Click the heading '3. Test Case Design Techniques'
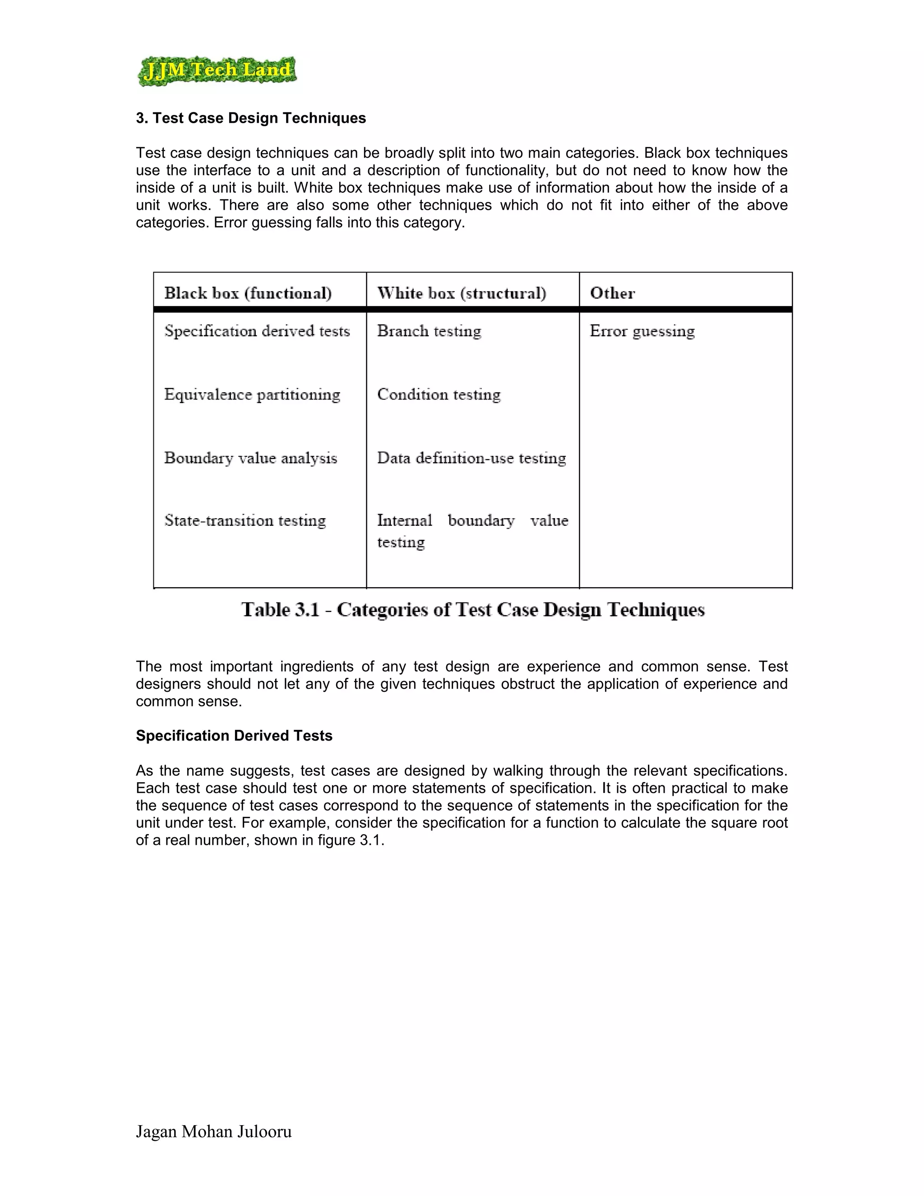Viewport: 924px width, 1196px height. click(x=251, y=118)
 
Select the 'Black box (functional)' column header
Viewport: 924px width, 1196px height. click(x=248, y=293)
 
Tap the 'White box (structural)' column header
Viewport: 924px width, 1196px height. click(x=462, y=293)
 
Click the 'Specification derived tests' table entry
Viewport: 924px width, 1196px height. click(x=257, y=331)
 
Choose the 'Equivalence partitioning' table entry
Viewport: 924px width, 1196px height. click(x=252, y=394)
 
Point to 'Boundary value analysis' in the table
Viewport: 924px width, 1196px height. click(x=250, y=458)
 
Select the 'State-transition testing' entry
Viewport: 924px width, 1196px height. click(x=245, y=520)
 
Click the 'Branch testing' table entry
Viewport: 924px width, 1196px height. click(x=429, y=331)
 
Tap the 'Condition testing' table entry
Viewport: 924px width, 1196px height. click(x=439, y=394)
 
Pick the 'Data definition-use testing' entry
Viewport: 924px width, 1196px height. click(x=471, y=458)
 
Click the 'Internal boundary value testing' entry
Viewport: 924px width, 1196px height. click(x=472, y=530)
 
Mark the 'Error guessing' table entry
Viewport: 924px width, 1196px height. click(x=642, y=331)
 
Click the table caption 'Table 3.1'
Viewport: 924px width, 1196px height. click(x=473, y=609)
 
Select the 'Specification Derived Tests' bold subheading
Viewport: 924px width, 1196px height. click(x=234, y=736)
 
